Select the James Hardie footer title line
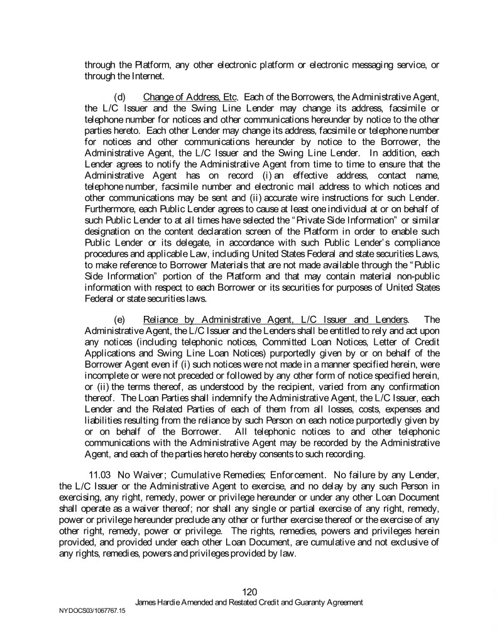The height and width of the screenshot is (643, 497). [x=249, y=602]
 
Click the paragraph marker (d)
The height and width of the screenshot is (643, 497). [x=119, y=97]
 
